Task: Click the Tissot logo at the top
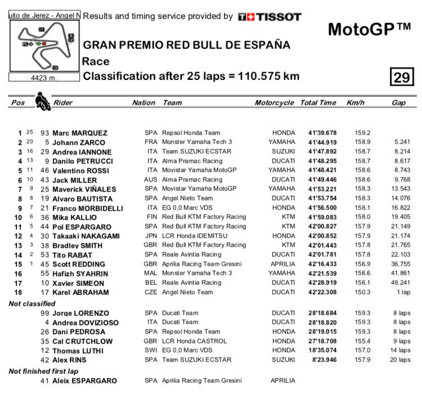pyautogui.click(x=270, y=17)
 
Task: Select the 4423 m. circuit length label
pyautogui.click(x=44, y=78)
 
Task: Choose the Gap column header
pyautogui.click(x=398, y=103)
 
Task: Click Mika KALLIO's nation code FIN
pyautogui.click(x=150, y=217)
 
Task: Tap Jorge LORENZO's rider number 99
pyautogui.click(x=46, y=313)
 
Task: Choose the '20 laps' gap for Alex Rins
pyautogui.click(x=400, y=360)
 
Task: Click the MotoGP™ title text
pyautogui.click(x=369, y=29)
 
